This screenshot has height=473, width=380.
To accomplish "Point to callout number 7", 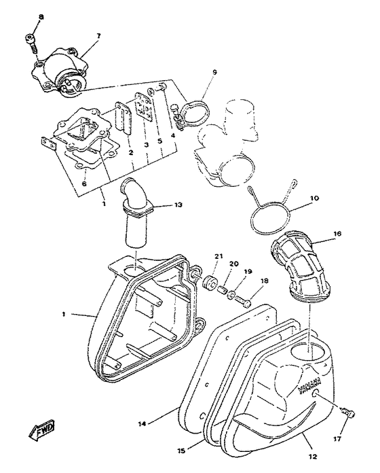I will click(98, 36).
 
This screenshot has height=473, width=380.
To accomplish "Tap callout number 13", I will click(178, 205).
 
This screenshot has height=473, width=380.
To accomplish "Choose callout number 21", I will click(218, 256).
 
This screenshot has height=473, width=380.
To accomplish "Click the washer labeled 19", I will click(233, 296).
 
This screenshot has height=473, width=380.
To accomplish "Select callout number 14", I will click(142, 423).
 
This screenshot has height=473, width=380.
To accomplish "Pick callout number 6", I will click(83, 183).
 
